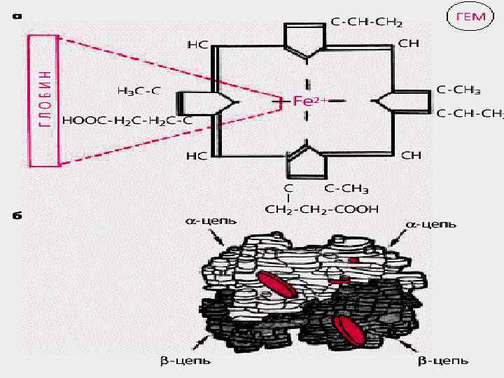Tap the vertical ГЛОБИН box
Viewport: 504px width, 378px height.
pyautogui.click(x=45, y=101)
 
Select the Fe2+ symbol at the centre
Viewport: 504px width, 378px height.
pyautogui.click(x=306, y=101)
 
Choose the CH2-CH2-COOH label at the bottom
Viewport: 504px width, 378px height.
pyautogui.click(x=321, y=209)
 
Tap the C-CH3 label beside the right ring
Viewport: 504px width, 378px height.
pyautogui.click(x=459, y=90)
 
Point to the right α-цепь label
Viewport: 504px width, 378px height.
pyautogui.click(x=431, y=225)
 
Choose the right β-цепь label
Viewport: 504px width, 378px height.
pyautogui.click(x=443, y=361)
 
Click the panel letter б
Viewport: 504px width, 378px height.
pyautogui.click(x=16, y=215)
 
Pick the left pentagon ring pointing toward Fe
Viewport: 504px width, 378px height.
pyautogui.click(x=203, y=104)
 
